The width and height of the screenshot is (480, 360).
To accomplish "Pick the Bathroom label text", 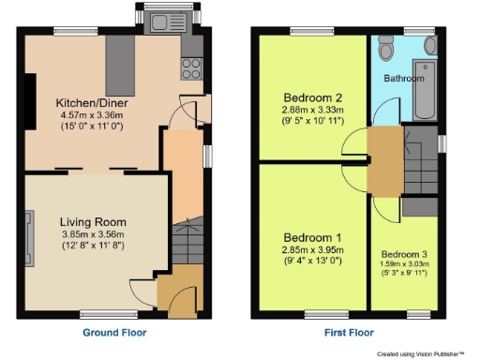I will point(404,79).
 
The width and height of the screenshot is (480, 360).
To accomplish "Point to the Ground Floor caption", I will point(114,332).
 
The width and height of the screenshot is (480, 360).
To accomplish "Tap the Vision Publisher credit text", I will point(421,353).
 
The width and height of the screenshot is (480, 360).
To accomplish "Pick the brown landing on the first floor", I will point(383,159).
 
